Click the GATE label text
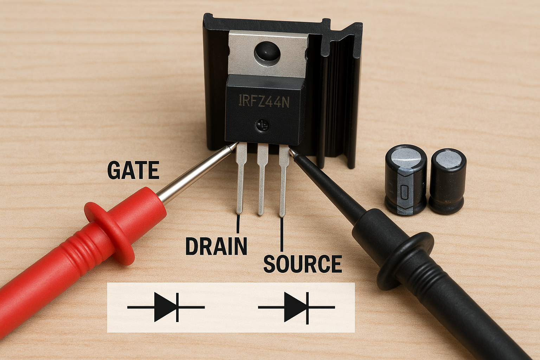coord(133,170)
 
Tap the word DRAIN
coord(216,246)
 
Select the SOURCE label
coord(303,264)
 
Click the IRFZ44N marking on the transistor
coord(264,101)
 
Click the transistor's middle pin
coord(262,179)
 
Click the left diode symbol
coord(166,307)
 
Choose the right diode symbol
coord(296,307)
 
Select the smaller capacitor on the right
coord(448,181)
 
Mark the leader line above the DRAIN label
coord(238,224)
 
